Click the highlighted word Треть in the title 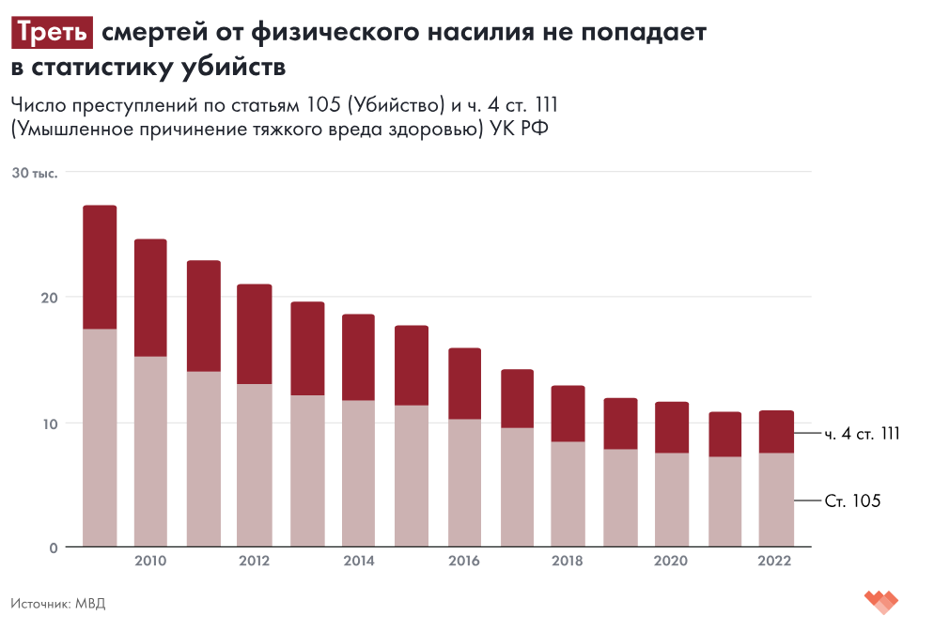[x=53, y=34]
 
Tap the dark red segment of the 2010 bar [x=150, y=298]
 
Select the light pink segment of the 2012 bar [x=255, y=465]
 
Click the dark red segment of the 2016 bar [x=464, y=383]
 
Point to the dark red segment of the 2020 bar [x=672, y=427]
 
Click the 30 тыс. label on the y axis [x=35, y=173]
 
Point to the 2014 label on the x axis [x=359, y=562]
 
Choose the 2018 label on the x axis [x=568, y=562]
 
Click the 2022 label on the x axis [x=775, y=562]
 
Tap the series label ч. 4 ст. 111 [x=863, y=434]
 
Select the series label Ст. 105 [x=852, y=501]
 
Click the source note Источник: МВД [x=58, y=603]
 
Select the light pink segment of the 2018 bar [x=568, y=494]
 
